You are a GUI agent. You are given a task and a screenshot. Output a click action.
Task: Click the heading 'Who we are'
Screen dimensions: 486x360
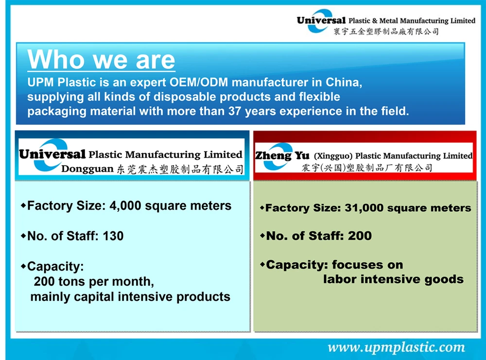[x=102, y=59]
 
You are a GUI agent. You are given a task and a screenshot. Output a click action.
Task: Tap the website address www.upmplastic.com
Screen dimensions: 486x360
[x=397, y=347]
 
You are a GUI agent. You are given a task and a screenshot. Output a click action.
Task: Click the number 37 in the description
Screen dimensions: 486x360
[x=235, y=111]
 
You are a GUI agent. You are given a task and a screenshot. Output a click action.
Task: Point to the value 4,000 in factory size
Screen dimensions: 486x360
[x=125, y=206]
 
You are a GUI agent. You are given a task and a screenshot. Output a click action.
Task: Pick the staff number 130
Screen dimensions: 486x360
[x=113, y=236]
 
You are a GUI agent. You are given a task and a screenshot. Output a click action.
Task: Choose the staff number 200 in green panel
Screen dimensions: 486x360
[x=360, y=236]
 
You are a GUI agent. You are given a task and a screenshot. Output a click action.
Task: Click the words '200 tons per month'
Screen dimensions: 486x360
[x=94, y=282]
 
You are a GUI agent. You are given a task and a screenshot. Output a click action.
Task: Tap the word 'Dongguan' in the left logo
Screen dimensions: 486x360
[x=87, y=169]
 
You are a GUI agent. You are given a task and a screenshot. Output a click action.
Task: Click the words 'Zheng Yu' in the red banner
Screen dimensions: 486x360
[x=282, y=155]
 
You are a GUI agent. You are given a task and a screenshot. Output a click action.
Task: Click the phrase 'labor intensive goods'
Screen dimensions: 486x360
[x=393, y=279]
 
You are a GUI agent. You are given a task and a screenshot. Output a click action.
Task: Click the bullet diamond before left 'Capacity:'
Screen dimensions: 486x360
[x=23, y=266]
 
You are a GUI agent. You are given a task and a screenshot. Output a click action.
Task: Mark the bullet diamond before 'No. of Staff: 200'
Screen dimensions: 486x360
[x=262, y=236]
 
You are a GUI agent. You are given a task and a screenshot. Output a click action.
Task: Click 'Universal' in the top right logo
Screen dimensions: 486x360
[x=321, y=20]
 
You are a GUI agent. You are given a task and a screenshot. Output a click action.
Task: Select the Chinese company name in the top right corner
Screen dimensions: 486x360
[x=386, y=31]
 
